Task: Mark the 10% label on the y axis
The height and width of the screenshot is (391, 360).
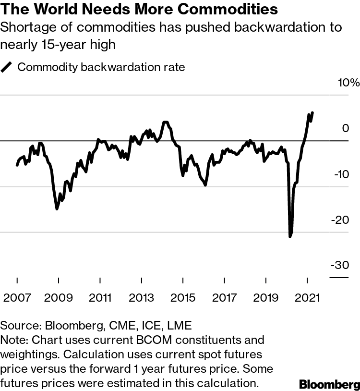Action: coord(348,83)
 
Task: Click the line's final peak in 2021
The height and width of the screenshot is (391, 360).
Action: coord(312,113)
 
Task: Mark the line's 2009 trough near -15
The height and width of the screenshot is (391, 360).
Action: coord(57,208)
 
